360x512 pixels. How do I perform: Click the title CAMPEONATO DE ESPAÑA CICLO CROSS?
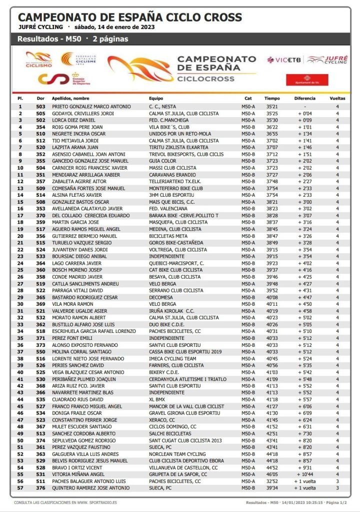tap(129, 18)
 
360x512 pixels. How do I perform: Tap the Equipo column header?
tap(156, 99)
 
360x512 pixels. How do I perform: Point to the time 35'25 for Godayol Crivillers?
tap(272, 114)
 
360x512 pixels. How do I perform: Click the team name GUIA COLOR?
tap(162, 161)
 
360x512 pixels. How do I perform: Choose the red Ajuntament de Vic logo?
tap(300, 80)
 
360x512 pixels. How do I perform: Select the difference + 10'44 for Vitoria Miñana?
tap(305, 474)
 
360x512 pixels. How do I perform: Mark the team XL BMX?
tap(157, 399)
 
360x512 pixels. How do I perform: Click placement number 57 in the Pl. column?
tap(20, 487)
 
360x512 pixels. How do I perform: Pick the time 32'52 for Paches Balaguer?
tap(272, 481)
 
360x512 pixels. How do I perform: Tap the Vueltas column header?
tap(337, 99)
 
